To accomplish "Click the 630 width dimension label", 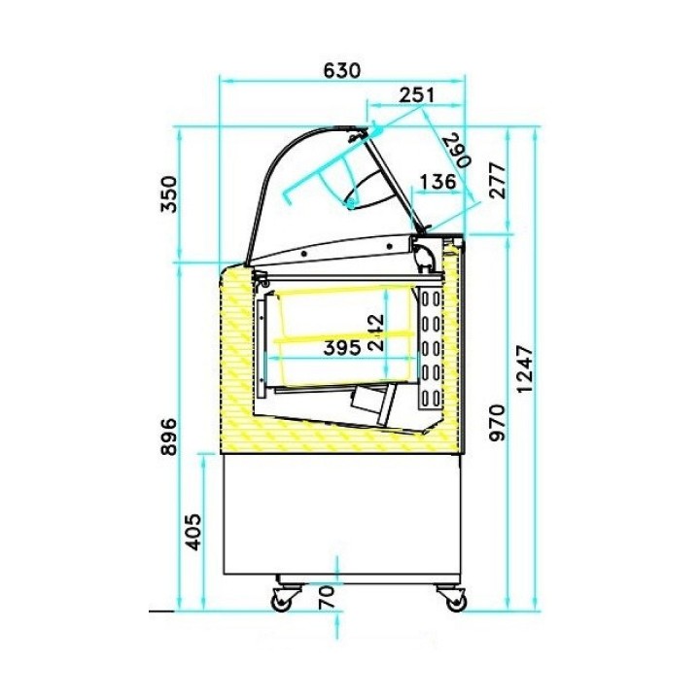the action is click(x=341, y=70).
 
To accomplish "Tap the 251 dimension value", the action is click(x=416, y=94).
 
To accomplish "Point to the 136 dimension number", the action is click(x=438, y=181).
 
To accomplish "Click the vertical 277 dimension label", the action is click(x=497, y=181).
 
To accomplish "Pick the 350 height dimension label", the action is click(x=169, y=194).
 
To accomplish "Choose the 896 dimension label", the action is click(x=169, y=437).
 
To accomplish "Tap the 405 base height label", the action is click(x=193, y=532).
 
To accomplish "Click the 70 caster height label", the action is click(x=327, y=597).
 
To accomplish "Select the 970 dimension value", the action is click(x=497, y=423).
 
